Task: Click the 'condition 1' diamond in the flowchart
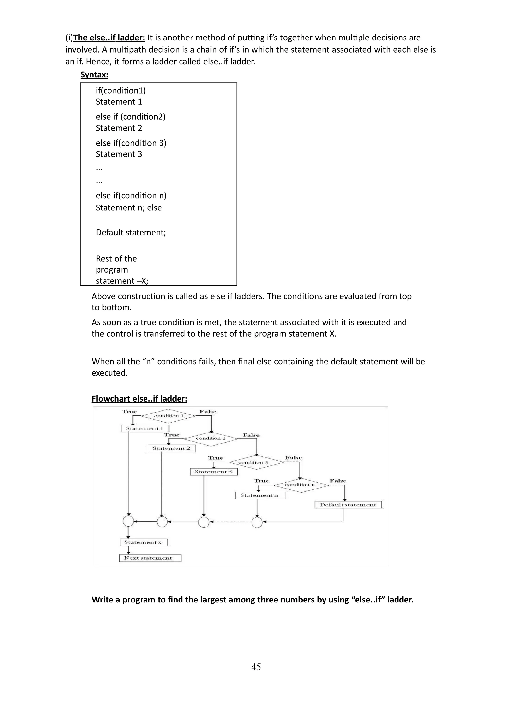pos(168,416)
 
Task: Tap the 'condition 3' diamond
pos(257,462)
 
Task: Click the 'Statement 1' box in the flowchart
pos(145,429)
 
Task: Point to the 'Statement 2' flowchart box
pos(171,449)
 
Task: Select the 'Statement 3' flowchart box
pos(214,472)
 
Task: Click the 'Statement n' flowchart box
pos(260,495)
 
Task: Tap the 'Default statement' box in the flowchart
pos(348,505)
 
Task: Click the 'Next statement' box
pos(150,558)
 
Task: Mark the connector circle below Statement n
pos(257,523)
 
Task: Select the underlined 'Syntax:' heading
pos(94,75)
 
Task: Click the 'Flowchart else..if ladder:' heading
pos(139,399)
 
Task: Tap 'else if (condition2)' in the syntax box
pos(130,117)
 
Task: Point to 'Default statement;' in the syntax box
pos(131,233)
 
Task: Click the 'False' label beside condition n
pos(338,481)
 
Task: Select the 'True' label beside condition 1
pos(130,412)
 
